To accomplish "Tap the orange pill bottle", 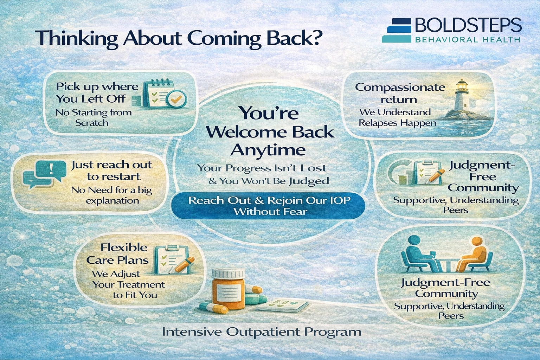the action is tap(228, 289).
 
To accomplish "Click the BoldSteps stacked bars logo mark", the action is tap(397, 30).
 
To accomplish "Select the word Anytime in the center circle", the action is tap(268, 150).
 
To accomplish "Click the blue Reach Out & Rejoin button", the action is tap(268, 206).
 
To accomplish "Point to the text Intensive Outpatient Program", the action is tap(262, 332).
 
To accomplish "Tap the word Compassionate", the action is tap(400, 88).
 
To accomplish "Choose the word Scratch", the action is tap(92, 123).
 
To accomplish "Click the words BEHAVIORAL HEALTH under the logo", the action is tap(468, 39).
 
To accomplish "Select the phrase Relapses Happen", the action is tap(397, 123).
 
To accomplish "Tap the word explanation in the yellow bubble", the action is tap(112, 201).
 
